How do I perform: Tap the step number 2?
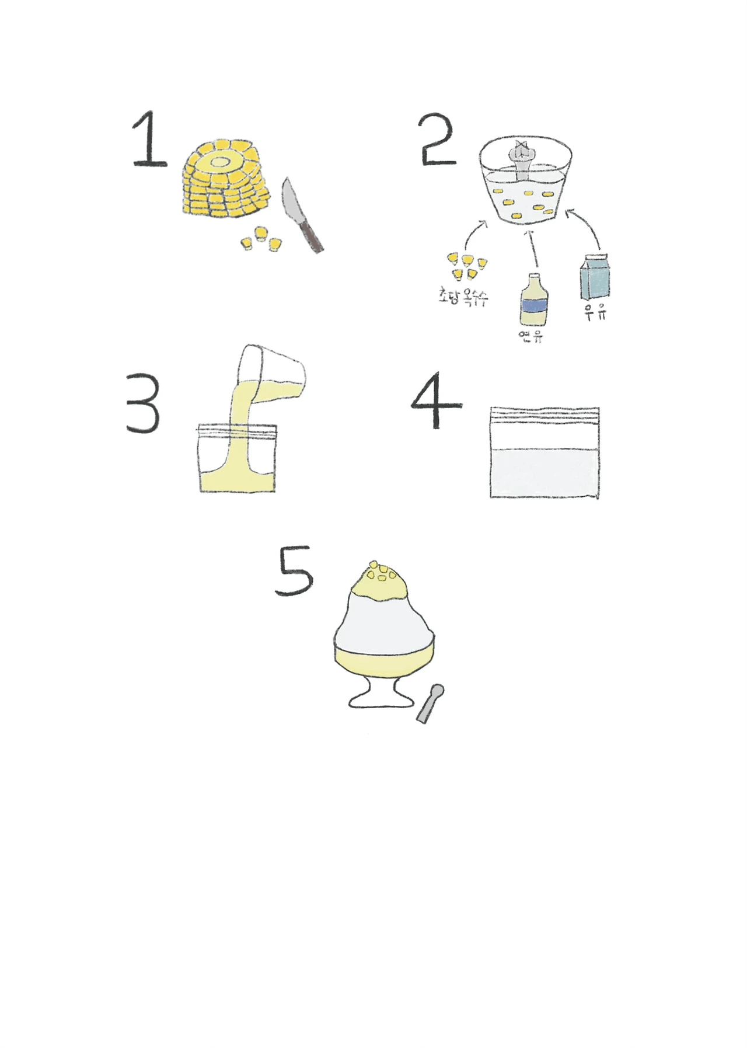tap(438, 140)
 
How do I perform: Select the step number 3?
tap(143, 405)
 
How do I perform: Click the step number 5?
tap(294, 571)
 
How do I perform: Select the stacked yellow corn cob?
tap(225, 179)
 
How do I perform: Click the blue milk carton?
tap(595, 277)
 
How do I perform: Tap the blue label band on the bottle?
tap(534, 306)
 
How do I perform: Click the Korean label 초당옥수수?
tap(463, 297)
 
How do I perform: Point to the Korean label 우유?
tap(595, 312)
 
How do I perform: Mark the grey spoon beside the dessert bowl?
tap(431, 704)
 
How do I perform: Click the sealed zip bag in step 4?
tap(545, 452)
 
